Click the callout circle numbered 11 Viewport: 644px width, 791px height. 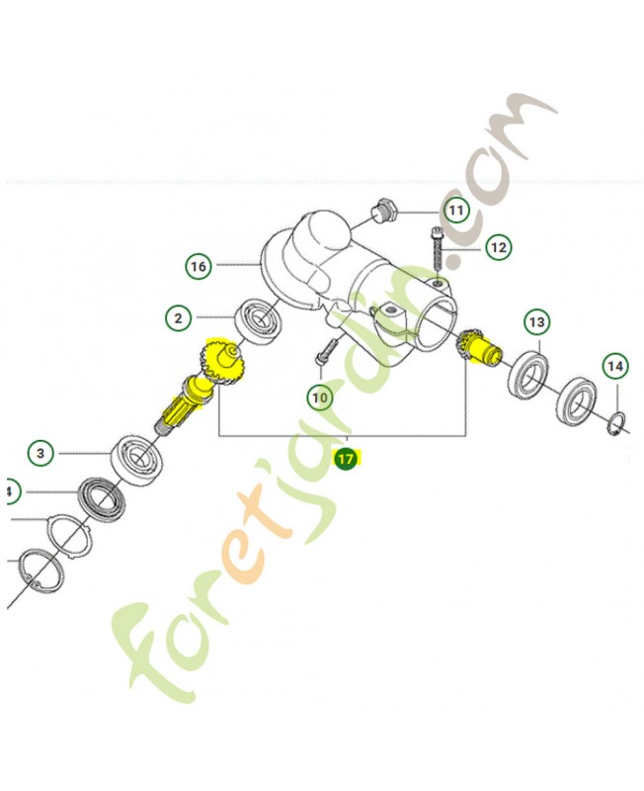click(x=456, y=210)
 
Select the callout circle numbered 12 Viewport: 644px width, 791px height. click(x=499, y=248)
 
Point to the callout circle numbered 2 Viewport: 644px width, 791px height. click(x=179, y=318)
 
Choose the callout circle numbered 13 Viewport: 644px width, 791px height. click(x=537, y=322)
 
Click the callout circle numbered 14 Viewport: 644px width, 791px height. click(x=615, y=366)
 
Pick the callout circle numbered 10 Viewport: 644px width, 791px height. click(x=320, y=398)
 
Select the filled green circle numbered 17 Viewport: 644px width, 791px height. click(x=346, y=459)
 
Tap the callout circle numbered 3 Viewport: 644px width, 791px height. click(x=40, y=453)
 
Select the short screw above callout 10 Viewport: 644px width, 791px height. click(x=325, y=351)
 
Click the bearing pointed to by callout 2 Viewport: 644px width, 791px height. click(x=260, y=322)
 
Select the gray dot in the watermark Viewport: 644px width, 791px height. click(x=456, y=260)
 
